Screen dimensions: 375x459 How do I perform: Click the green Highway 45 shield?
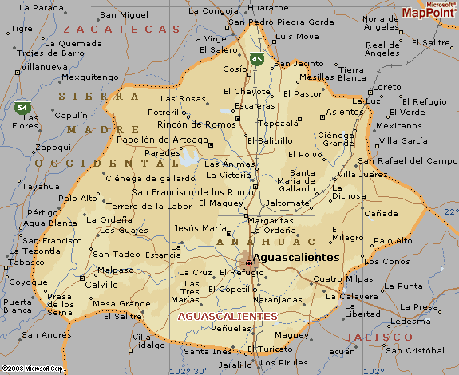[x=256, y=59]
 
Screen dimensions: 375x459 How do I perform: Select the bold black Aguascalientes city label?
[x=298, y=259]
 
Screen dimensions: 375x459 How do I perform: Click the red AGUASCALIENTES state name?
[x=228, y=317]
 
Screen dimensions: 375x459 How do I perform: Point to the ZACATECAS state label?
[x=121, y=29]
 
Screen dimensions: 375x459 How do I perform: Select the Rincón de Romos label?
[x=197, y=124]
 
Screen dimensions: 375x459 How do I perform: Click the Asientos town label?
[x=346, y=112]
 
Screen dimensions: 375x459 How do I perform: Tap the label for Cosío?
[x=235, y=69]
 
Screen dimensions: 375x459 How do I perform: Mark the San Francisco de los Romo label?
[x=192, y=192]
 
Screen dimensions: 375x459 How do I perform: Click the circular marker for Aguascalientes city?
[x=248, y=262]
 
